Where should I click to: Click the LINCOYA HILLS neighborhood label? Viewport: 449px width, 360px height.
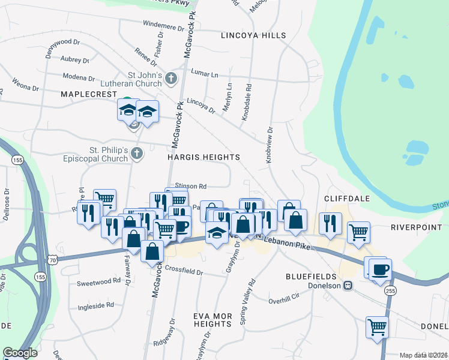pos(253,36)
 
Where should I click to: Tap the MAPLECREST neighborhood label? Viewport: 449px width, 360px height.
pos(88,95)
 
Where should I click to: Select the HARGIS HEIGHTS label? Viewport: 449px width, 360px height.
pos(204,157)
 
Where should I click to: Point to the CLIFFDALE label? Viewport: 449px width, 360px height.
pos(346,198)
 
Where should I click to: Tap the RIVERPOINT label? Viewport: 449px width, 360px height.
pos(417,227)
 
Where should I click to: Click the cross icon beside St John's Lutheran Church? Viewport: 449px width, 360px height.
pos(172,79)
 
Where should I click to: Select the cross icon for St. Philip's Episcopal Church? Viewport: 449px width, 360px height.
pos(137,154)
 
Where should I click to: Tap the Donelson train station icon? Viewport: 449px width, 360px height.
pos(348,286)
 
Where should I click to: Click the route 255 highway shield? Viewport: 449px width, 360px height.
pos(390,290)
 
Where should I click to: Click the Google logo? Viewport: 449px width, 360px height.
pos(20,353)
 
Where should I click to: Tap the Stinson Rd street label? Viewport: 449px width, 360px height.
pos(190,186)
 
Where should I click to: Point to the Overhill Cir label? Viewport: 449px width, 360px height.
pos(283,300)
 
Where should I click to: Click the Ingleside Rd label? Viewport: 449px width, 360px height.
pos(96,306)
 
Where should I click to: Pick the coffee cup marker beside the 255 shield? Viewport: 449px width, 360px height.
pos(381,269)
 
